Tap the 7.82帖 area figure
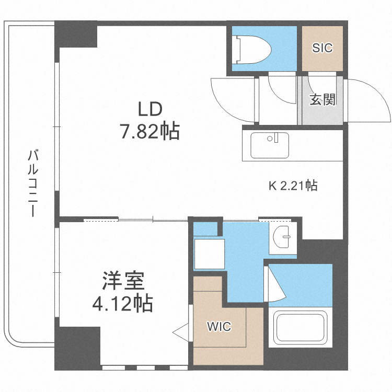(150, 131)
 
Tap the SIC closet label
(322, 48)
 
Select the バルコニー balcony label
(33, 183)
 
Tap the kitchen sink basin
(269, 145)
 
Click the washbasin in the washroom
(283, 238)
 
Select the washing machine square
(210, 253)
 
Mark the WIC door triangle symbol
(180, 331)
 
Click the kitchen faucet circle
(270, 139)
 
